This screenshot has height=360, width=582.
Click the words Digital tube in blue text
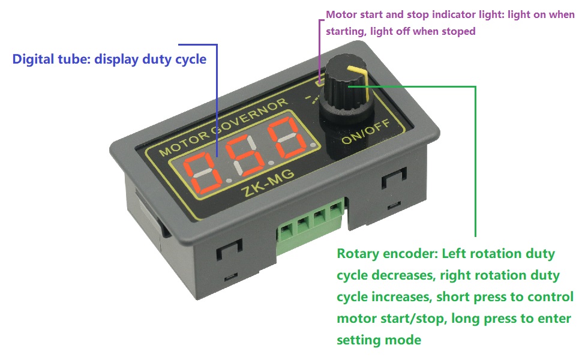pos(49,59)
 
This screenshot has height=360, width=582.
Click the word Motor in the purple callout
pos(340,14)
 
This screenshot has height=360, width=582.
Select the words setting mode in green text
pos(379,340)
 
